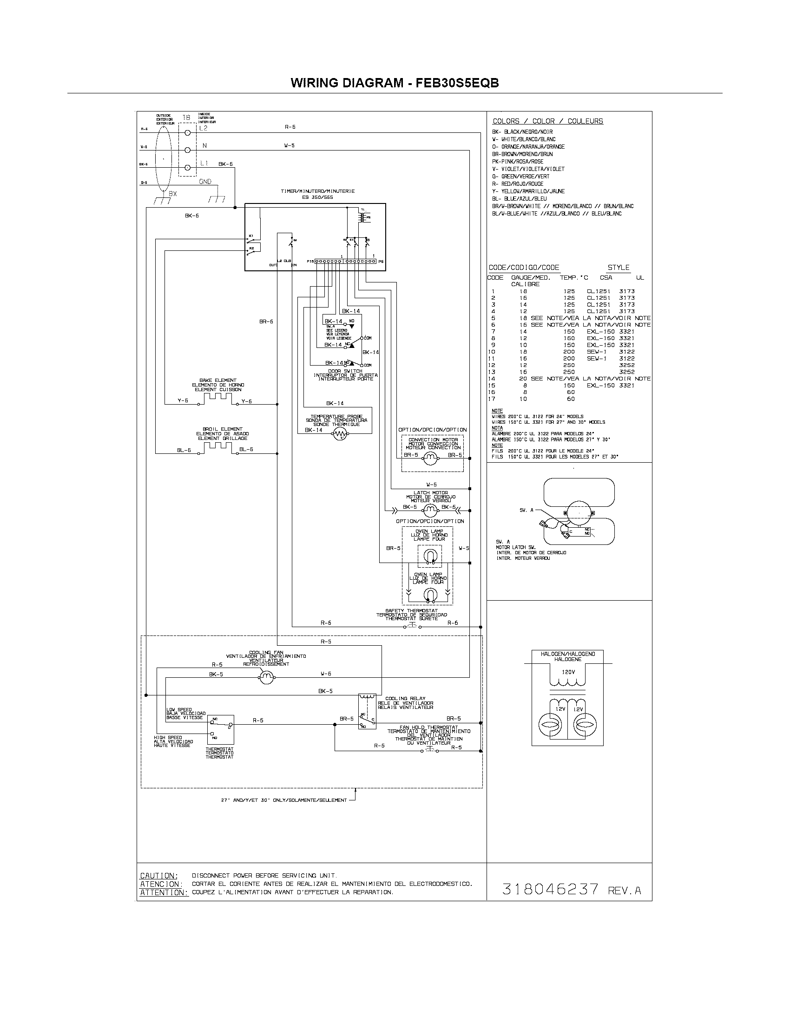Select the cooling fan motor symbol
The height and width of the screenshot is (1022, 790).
tap(267, 677)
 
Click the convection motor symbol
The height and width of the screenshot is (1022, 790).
tap(430, 459)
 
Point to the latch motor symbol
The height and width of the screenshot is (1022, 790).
tap(429, 510)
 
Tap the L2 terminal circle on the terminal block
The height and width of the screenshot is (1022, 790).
tap(188, 132)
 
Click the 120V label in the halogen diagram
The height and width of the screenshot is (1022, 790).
tap(568, 672)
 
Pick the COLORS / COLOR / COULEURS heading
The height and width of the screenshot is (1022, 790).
tap(547, 121)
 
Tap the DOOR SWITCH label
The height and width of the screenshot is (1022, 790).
tap(345, 371)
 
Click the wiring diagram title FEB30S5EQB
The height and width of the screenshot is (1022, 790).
tap(395, 83)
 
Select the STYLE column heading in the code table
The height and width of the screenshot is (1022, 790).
tap(618, 268)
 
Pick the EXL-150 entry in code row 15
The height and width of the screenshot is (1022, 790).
tap(599, 386)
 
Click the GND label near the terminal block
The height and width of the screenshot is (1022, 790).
tap(205, 182)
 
